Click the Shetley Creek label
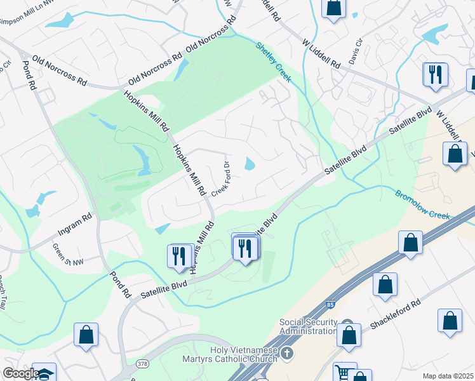point(274,62)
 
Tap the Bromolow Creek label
point(422,205)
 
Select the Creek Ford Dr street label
point(219,178)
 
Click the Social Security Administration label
point(309,326)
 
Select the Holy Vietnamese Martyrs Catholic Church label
point(243,354)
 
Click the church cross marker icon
point(287,352)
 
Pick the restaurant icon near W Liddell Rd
point(436,75)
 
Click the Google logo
point(21,373)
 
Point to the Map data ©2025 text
point(447,376)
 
